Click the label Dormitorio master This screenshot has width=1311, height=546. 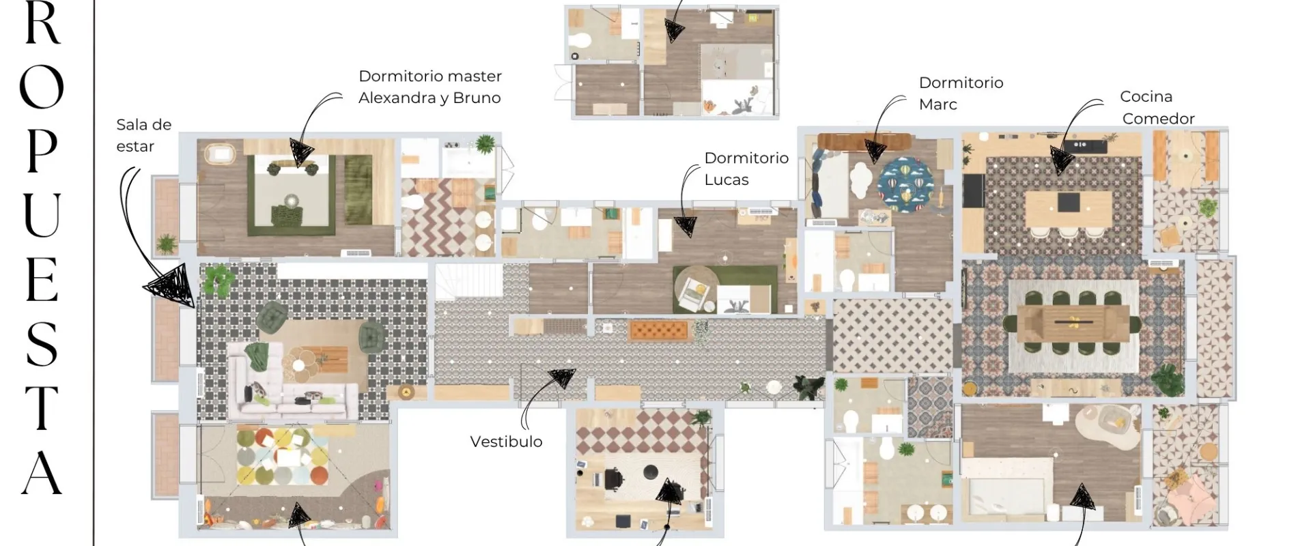[430, 76]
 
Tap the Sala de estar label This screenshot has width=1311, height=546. [143, 135]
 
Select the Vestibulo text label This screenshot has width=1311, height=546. [506, 442]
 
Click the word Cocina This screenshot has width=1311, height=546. [1146, 96]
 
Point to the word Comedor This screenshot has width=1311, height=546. [1158, 118]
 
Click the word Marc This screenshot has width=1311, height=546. [938, 104]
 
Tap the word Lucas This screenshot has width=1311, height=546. [727, 179]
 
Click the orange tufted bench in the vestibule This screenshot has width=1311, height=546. [660, 330]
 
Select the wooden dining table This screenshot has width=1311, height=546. [1073, 322]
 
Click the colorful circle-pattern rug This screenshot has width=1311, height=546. [282, 455]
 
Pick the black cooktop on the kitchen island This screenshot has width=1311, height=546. [1069, 203]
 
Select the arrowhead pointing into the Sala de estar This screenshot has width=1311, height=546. [171, 284]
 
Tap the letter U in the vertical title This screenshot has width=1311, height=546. [42, 215]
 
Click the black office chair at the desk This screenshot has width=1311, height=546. [613, 478]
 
